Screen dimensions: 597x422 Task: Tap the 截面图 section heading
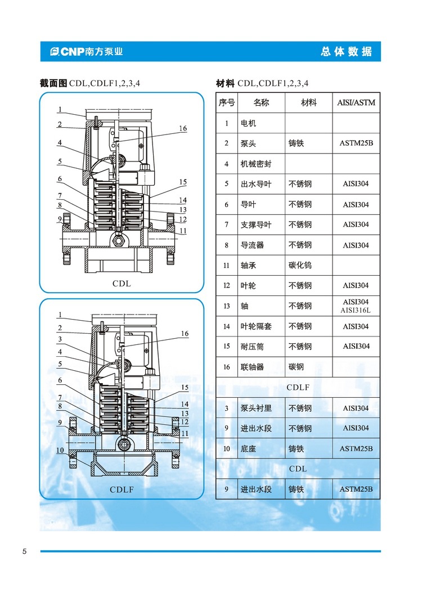coord(53,83)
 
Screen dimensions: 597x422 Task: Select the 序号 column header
coord(227,103)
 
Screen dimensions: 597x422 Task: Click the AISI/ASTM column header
coord(356,103)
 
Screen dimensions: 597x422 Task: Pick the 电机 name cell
coord(248,123)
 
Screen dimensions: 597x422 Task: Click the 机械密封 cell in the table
coord(256,164)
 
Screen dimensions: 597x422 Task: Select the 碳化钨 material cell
coord(300,265)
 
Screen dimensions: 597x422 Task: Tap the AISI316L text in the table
coord(356,311)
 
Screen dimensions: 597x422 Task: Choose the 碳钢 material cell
coord(296,367)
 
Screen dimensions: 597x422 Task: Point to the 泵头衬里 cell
coord(256,408)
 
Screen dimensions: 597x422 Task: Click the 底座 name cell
coord(248,448)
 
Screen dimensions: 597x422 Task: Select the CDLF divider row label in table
coord(298,387)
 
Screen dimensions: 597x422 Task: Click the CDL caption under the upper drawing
coord(122,284)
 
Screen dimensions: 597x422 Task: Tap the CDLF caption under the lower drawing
coord(122,490)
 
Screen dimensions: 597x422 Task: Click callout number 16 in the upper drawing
coord(183,128)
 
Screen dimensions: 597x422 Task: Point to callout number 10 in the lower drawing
coord(60,450)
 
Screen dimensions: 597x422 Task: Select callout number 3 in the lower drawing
coord(60,339)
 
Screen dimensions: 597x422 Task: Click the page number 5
coord(24,551)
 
